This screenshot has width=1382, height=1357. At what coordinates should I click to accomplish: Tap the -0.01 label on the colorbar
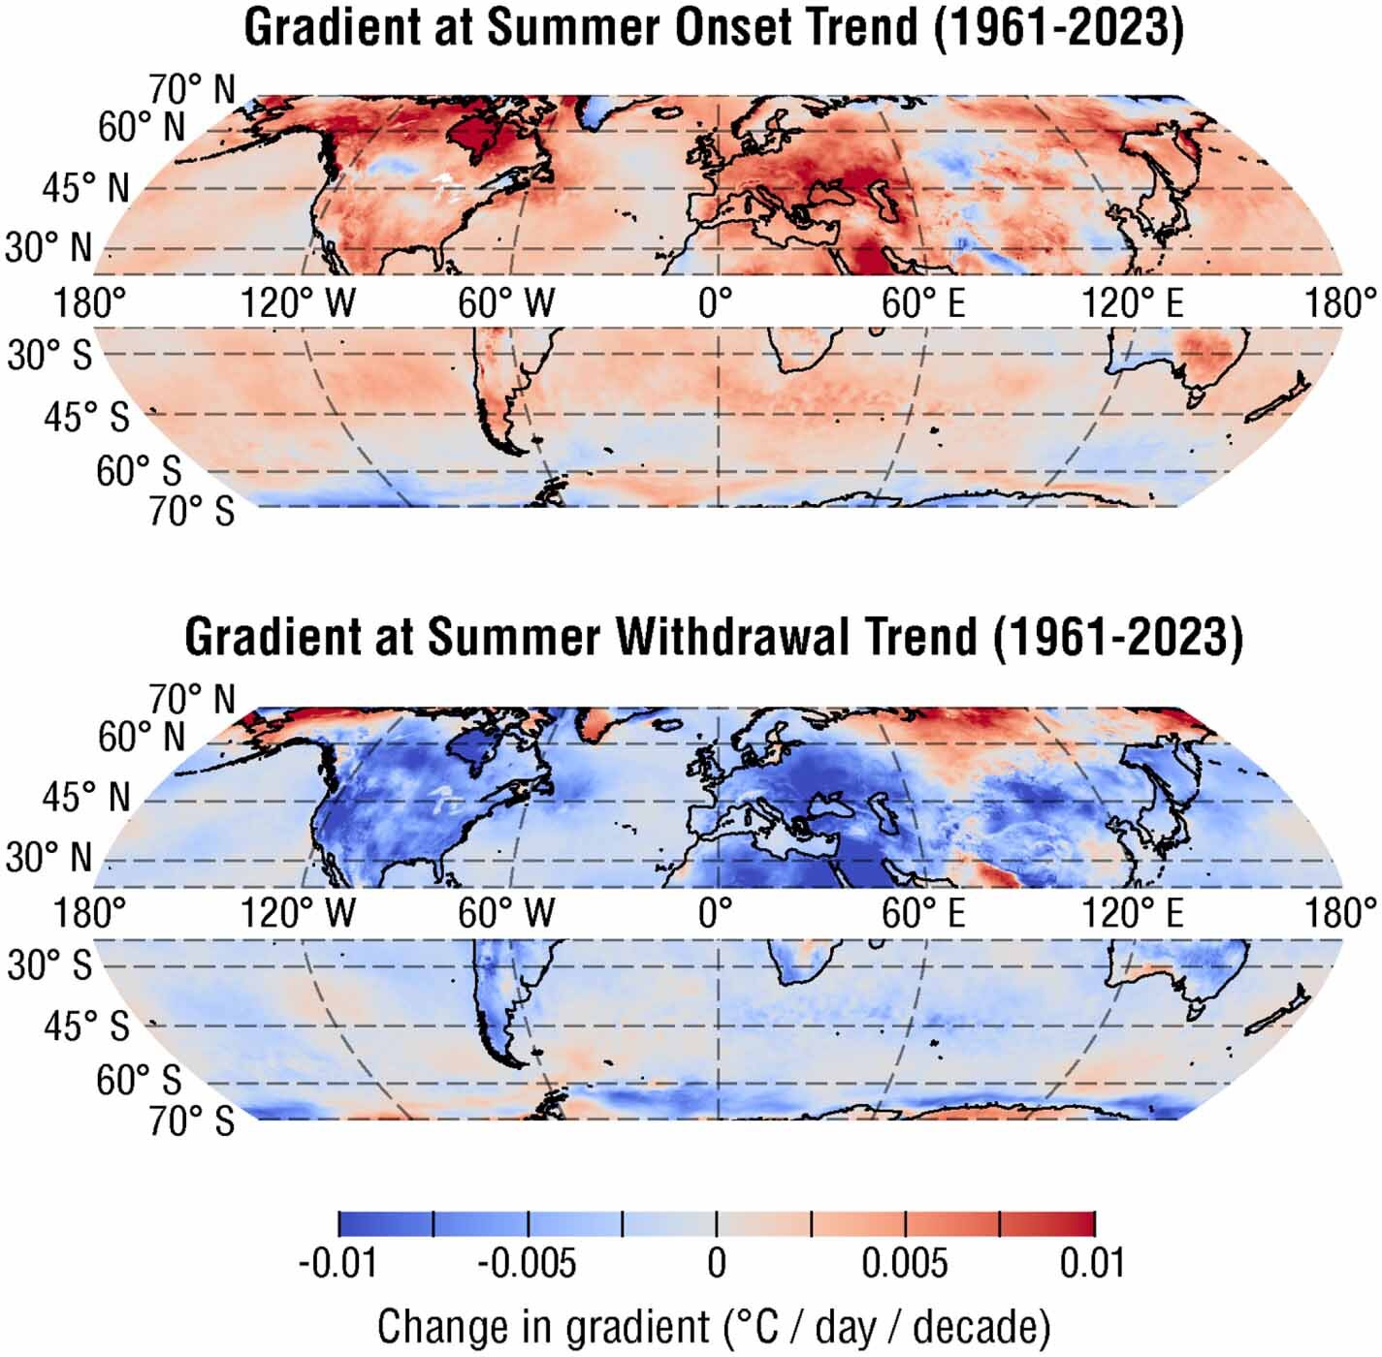[x=337, y=1264]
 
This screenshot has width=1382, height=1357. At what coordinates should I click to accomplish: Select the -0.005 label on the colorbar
[x=527, y=1264]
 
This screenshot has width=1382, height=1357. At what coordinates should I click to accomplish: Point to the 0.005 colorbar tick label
[x=904, y=1264]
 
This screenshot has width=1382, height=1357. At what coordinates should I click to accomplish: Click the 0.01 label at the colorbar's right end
[x=1092, y=1264]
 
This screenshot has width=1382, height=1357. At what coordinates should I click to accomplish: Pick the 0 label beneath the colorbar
[x=716, y=1264]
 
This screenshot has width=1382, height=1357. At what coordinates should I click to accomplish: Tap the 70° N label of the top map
[x=192, y=89]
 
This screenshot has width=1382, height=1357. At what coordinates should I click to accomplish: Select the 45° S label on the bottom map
[x=85, y=1026]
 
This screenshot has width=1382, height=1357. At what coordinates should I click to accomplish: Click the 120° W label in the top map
[x=298, y=303]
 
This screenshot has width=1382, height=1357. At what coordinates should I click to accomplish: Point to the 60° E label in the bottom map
[x=923, y=913]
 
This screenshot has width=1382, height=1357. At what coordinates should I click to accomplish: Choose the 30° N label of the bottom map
[x=48, y=858]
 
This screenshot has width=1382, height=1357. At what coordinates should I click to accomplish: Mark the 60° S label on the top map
[x=139, y=471]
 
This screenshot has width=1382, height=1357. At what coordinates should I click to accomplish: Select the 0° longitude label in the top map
[x=716, y=303]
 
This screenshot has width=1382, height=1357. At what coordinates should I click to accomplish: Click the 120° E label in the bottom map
[x=1133, y=913]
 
